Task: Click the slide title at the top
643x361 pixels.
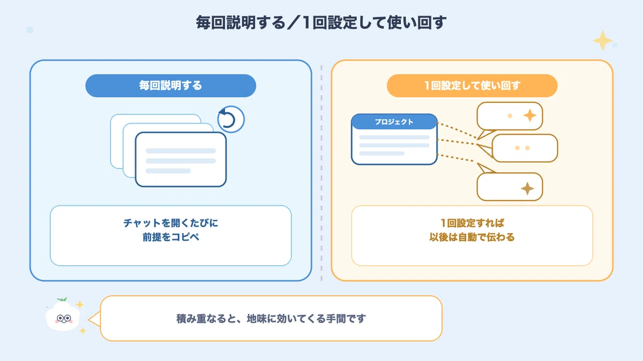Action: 321,22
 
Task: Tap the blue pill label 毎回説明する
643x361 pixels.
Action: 170,86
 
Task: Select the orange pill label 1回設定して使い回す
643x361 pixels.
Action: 472,86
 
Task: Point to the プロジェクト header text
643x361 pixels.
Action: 394,122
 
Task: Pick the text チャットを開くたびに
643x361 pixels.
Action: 171,223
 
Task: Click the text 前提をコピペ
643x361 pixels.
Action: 171,237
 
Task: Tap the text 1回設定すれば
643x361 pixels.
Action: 472,223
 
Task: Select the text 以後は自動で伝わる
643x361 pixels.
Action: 472,237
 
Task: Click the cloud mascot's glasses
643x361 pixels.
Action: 64,318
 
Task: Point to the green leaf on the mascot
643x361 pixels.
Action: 62,299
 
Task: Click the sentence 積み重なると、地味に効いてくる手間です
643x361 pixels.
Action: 271,319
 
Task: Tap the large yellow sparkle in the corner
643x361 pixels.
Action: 602,41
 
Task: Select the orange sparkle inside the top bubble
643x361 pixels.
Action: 530,116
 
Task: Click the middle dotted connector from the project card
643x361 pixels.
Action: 456,142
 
